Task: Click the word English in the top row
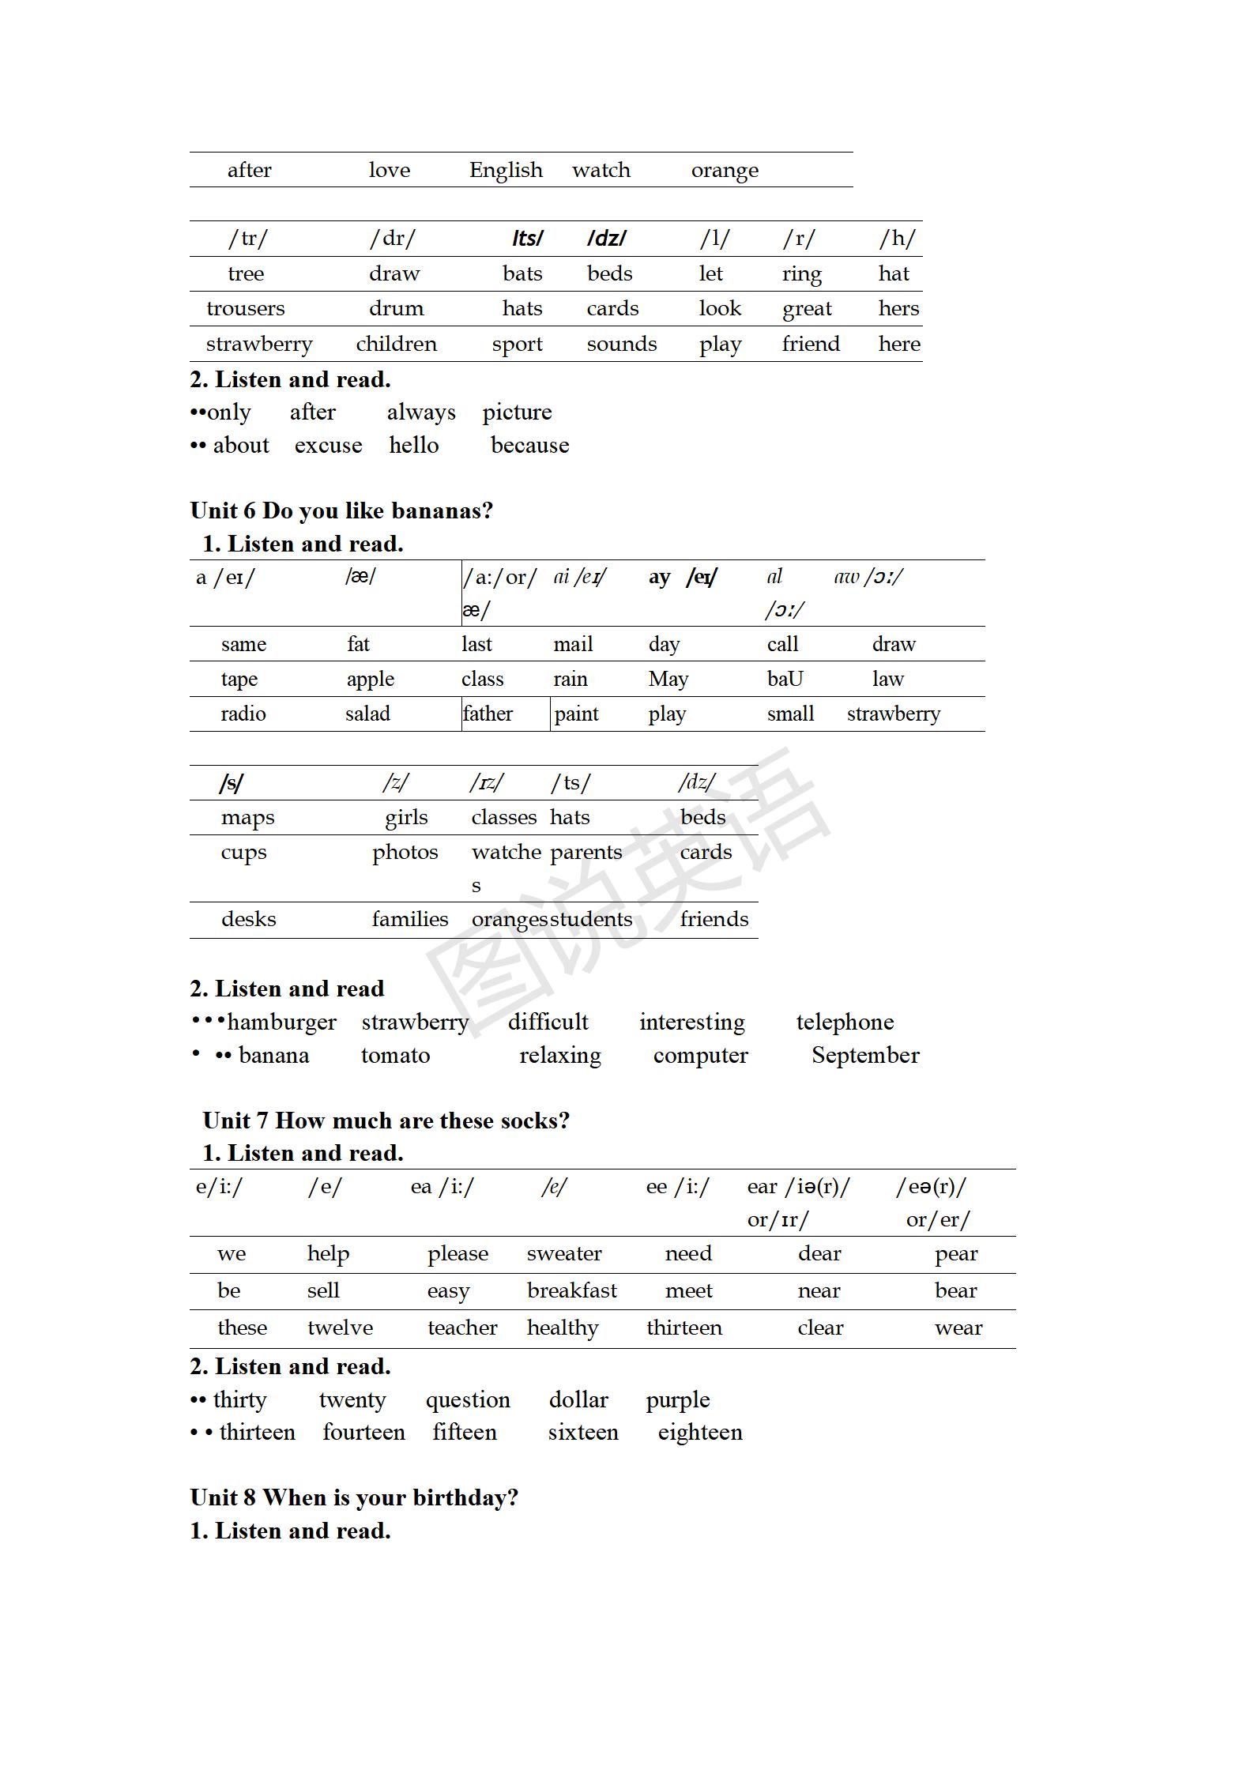click(506, 170)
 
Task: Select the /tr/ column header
click(248, 239)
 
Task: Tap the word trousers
click(245, 308)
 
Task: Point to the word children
click(396, 344)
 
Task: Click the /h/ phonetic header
click(898, 239)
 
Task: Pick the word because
click(529, 446)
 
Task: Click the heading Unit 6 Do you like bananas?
click(341, 510)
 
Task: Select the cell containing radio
click(243, 714)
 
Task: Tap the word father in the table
click(488, 714)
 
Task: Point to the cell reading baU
click(785, 679)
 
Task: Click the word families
click(410, 919)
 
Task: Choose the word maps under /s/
click(247, 817)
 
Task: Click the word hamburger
click(281, 1023)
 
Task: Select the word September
click(865, 1056)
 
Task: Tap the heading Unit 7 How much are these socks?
click(386, 1121)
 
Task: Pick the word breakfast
click(571, 1290)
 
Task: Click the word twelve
click(340, 1328)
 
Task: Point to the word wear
click(958, 1328)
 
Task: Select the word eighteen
click(700, 1433)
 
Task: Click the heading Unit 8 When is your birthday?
click(354, 1497)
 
